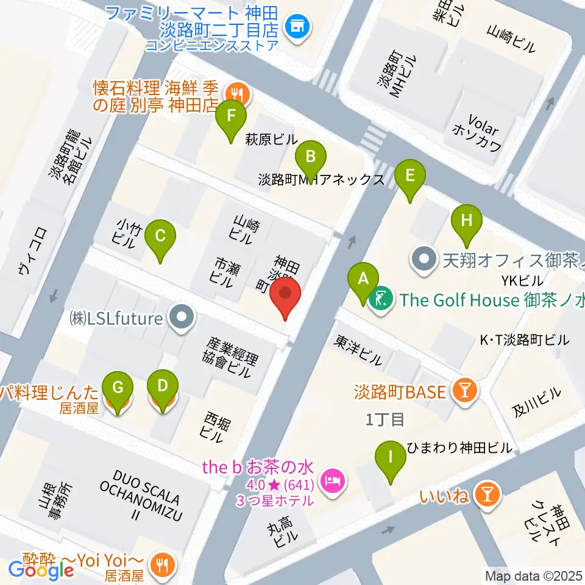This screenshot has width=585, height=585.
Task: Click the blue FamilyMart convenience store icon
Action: pyautogui.click(x=298, y=26)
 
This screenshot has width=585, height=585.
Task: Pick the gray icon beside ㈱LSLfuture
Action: pyautogui.click(x=180, y=317)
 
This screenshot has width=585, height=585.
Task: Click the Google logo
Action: pyautogui.click(x=41, y=570)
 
